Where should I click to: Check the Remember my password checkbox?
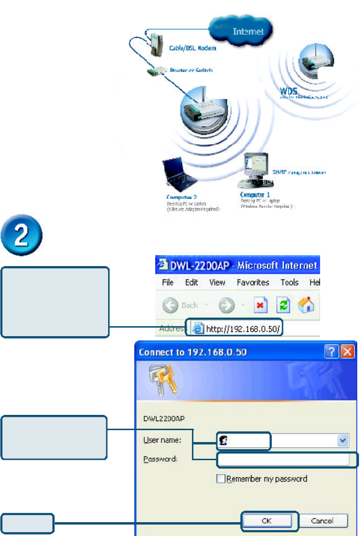(x=221, y=479)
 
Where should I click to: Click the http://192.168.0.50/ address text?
(x=243, y=328)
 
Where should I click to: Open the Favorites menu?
(x=253, y=282)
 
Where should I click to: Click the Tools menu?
(x=289, y=282)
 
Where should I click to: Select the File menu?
(x=168, y=282)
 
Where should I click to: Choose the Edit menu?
(x=191, y=282)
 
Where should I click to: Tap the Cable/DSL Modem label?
(x=192, y=48)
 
